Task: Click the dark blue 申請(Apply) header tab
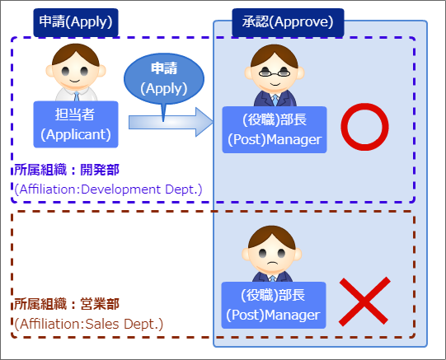pyautogui.click(x=76, y=22)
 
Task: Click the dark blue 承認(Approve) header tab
pyautogui.click(x=288, y=22)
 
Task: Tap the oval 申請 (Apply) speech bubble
pyautogui.click(x=164, y=79)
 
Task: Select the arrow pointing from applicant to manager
pyautogui.click(x=171, y=122)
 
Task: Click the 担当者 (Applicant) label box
pyautogui.click(x=76, y=124)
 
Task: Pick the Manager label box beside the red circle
pyautogui.click(x=275, y=129)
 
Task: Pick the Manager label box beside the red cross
pyautogui.click(x=274, y=305)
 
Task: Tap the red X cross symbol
pyautogui.click(x=364, y=302)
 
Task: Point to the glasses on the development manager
pyautogui.click(x=275, y=72)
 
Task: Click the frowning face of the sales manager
pyautogui.click(x=271, y=255)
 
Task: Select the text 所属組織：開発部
pyautogui.click(x=67, y=170)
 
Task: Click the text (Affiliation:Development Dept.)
pyautogui.click(x=108, y=189)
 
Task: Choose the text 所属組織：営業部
pyautogui.click(x=67, y=304)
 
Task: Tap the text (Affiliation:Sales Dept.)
pyautogui.click(x=89, y=324)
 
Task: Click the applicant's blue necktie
pyautogui.click(x=77, y=96)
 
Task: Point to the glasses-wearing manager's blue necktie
pyautogui.click(x=275, y=101)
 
